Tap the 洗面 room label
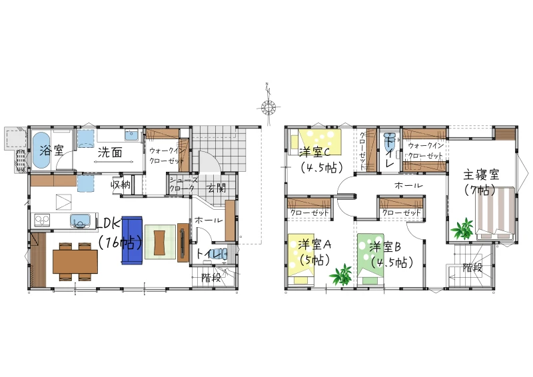tap(110, 153)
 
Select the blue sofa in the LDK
tap(131, 240)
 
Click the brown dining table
tap(75, 261)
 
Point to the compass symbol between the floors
tap(268, 107)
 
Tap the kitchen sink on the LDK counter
tap(80, 221)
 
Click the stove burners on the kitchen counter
tap(42, 220)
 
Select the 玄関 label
tap(217, 188)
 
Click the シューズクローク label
tap(183, 184)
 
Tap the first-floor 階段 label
tap(211, 278)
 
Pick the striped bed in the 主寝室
tap(495, 212)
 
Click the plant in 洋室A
tap(341, 274)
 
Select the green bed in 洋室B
tap(371, 258)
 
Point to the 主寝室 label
tap(481, 175)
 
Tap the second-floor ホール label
tap(408, 185)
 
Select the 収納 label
tap(121, 185)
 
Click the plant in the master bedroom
tap(462, 228)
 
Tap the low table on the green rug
tap(160, 242)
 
